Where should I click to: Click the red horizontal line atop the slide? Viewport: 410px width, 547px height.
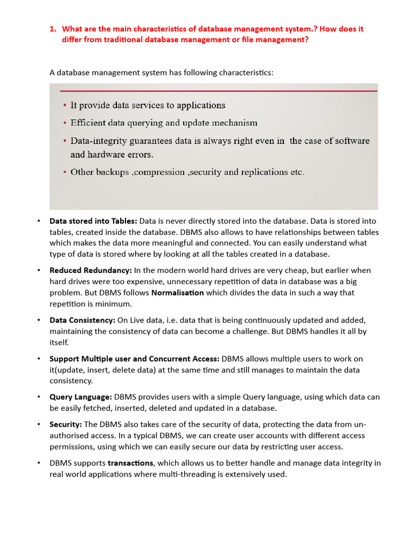(214, 91)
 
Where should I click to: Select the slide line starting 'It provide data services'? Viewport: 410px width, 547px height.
(147, 105)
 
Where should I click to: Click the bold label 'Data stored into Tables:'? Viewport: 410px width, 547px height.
(93, 221)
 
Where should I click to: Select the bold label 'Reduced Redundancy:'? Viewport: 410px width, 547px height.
(91, 270)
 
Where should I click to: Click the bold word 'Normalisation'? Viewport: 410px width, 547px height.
(178, 293)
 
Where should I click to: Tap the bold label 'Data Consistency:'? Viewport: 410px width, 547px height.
(82, 320)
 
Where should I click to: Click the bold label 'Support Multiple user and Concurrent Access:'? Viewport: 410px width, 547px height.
(135, 358)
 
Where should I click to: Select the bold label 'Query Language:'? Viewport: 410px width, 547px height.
(81, 397)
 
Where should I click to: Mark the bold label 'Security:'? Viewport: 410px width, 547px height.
(66, 424)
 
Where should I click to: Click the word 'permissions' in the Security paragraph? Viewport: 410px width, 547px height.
(70, 447)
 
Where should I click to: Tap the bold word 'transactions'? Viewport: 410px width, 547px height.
(131, 463)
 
